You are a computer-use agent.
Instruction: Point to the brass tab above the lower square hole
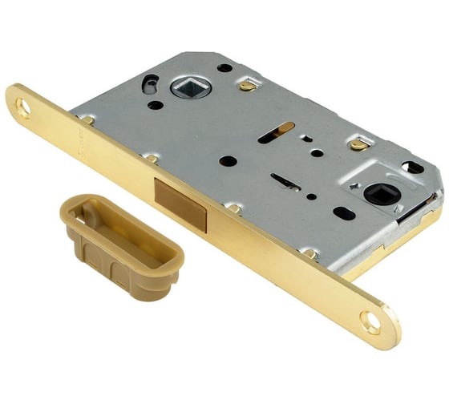tap(358, 145)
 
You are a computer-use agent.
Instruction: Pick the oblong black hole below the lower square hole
tap(342, 214)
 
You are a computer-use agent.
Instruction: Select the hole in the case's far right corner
tap(412, 167)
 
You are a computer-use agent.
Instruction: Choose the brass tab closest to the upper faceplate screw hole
tap(87, 119)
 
